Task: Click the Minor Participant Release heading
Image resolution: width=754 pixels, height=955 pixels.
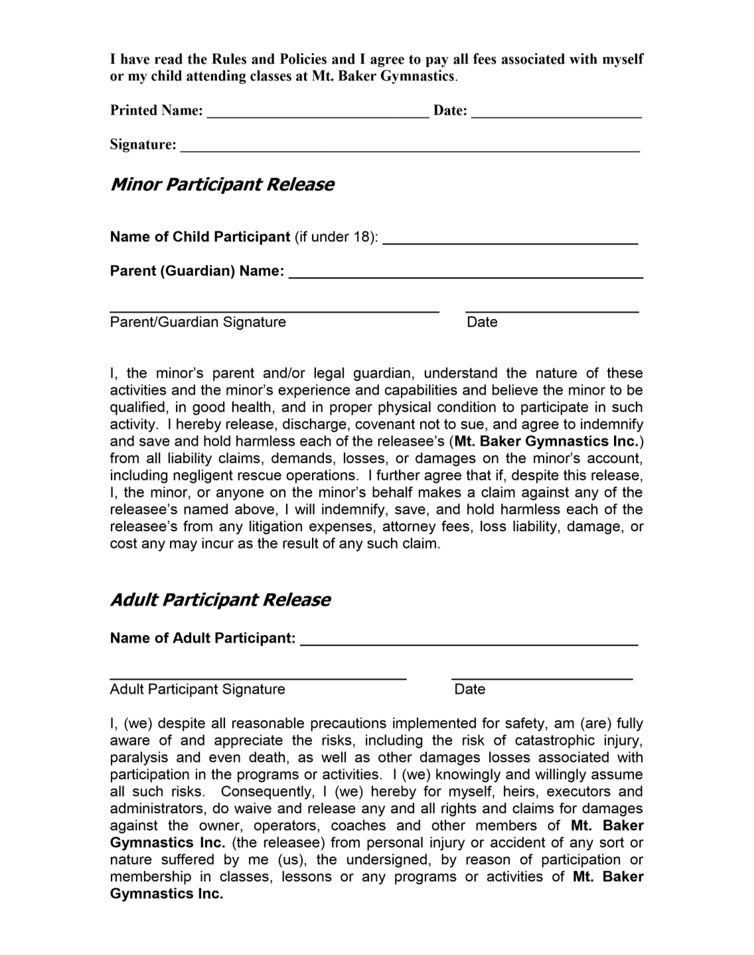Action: click(222, 184)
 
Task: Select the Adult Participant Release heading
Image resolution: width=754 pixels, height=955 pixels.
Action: click(220, 600)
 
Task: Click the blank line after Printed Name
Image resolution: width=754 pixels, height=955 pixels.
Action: click(318, 113)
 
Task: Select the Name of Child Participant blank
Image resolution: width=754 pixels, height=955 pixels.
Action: click(510, 240)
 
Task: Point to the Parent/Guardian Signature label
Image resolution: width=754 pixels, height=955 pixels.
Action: click(198, 322)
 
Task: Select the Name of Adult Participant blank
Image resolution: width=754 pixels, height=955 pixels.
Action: click(469, 641)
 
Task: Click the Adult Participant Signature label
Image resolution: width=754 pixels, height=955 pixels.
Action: click(197, 689)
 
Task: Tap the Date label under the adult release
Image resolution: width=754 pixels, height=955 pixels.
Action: click(469, 689)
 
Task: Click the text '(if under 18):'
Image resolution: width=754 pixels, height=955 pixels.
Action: click(337, 237)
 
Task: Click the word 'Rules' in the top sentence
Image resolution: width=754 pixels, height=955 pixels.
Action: click(229, 59)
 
